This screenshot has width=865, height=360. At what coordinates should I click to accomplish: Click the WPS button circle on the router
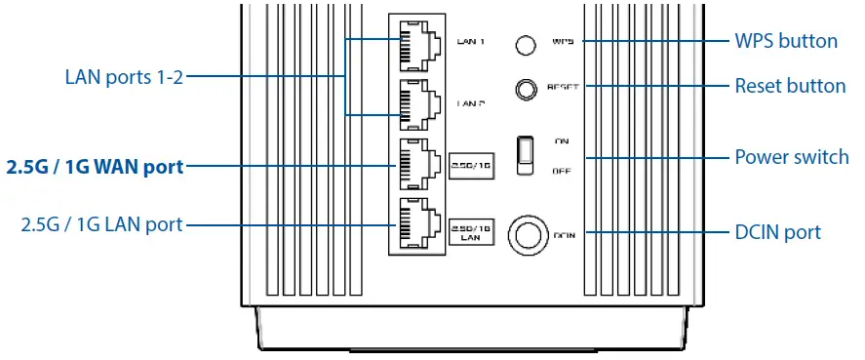(527, 45)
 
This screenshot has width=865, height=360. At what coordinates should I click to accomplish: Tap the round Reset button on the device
(527, 90)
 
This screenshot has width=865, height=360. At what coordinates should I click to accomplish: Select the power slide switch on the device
(526, 154)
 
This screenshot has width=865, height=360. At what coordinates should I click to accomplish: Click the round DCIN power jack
(527, 234)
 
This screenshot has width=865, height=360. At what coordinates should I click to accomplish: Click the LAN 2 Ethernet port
(418, 103)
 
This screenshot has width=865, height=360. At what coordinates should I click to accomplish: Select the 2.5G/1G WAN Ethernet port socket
(418, 165)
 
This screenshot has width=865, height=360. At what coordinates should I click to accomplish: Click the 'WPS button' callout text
(785, 42)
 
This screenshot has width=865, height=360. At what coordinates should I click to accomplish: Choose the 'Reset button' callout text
(789, 86)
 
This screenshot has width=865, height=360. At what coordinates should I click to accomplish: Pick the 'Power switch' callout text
(791, 157)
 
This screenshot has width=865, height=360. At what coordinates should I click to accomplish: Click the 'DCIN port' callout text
(776, 232)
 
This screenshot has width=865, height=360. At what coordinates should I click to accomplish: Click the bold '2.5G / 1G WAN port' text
(95, 167)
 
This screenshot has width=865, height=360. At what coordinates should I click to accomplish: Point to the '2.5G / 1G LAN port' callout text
(101, 225)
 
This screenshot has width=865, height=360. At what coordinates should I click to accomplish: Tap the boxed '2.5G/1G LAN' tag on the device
(470, 230)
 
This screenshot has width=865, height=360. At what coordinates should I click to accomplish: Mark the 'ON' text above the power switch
(563, 141)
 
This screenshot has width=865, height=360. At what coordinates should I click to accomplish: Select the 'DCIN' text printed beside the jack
(566, 235)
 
